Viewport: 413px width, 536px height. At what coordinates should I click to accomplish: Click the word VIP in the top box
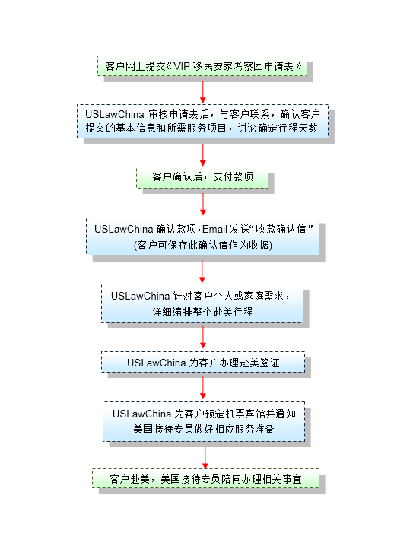(x=181, y=66)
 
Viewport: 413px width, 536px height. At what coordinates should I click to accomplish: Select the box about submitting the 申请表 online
(x=202, y=65)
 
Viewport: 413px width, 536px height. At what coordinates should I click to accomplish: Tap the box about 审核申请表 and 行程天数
(x=203, y=122)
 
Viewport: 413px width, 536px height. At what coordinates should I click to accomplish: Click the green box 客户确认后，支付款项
(x=202, y=177)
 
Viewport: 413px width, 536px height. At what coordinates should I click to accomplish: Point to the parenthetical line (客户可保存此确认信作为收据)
(x=203, y=245)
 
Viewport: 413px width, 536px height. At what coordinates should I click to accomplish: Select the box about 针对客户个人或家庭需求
(x=202, y=303)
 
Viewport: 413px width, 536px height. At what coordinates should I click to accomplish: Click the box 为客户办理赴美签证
(x=203, y=362)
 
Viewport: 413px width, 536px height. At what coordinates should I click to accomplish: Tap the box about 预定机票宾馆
(x=204, y=421)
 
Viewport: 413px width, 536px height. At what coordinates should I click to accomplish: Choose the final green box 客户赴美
(x=205, y=478)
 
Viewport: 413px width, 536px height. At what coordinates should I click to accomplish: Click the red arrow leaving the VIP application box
(x=203, y=91)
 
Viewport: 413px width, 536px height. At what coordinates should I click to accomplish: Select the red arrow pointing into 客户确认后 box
(x=203, y=155)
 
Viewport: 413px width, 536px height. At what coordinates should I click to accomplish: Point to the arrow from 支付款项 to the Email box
(x=203, y=205)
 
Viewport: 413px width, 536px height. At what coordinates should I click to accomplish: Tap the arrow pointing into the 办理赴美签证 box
(x=203, y=338)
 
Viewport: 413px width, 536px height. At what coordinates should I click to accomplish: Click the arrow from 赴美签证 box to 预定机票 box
(x=203, y=388)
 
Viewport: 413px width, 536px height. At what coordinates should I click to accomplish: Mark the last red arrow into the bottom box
(x=205, y=458)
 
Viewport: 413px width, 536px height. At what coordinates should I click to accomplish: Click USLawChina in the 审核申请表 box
(x=115, y=114)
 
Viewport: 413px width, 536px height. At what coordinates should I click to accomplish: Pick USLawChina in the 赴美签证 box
(x=157, y=363)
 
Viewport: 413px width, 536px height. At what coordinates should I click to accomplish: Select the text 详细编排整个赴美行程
(x=202, y=312)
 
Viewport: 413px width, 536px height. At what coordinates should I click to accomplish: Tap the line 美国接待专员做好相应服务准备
(x=204, y=429)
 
